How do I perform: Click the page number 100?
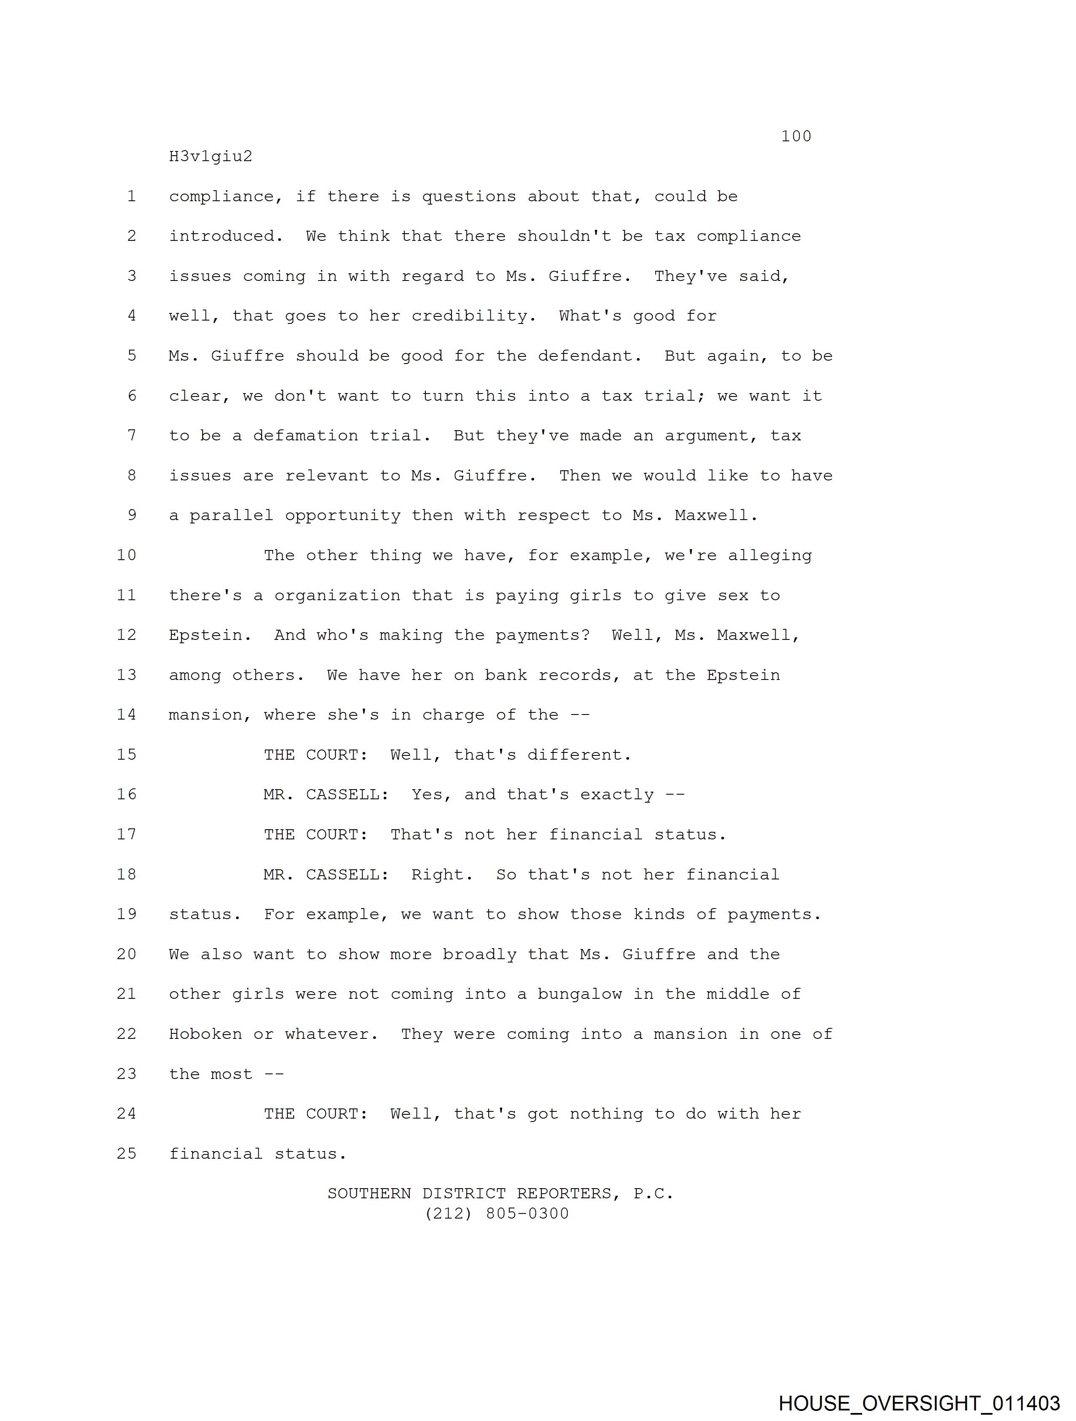796,136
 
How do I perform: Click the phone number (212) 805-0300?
497,1213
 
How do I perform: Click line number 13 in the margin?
127,675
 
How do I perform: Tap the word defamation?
305,436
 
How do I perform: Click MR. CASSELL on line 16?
326,795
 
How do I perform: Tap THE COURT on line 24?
316,1114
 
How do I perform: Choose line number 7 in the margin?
132,436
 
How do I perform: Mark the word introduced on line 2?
225,236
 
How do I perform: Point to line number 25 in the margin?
127,1154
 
